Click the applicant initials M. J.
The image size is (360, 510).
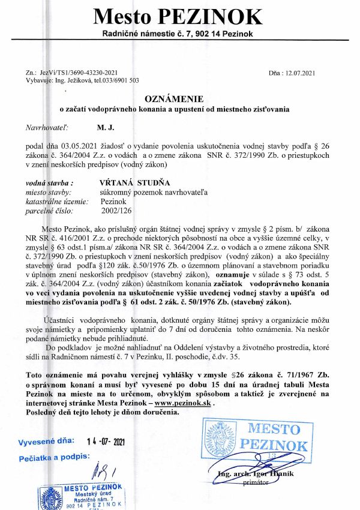click(x=106, y=128)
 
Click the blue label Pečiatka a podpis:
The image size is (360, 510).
click(x=53, y=458)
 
